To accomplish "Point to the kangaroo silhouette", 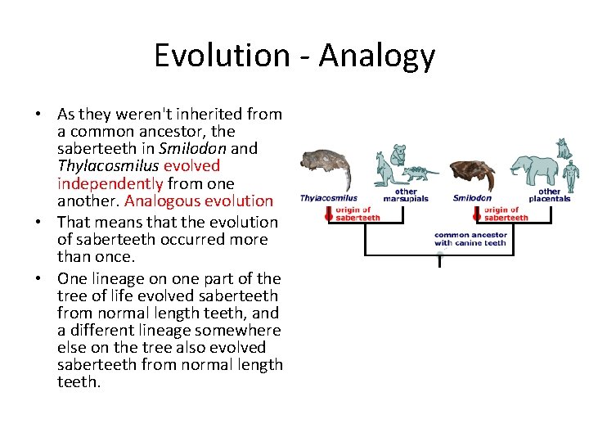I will pos(384,169).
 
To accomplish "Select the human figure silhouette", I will pos(571,173).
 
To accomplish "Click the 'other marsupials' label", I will pos(406,196).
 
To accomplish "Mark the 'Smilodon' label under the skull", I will pos(472,198).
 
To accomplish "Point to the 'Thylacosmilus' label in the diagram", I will pos(328,198).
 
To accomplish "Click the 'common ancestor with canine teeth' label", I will pos(470,239).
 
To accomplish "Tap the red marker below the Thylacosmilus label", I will pos(329,214).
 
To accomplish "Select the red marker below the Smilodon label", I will pos(477,214).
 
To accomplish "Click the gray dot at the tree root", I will pos(439,255).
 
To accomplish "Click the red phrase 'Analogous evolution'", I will pos(199,201).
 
